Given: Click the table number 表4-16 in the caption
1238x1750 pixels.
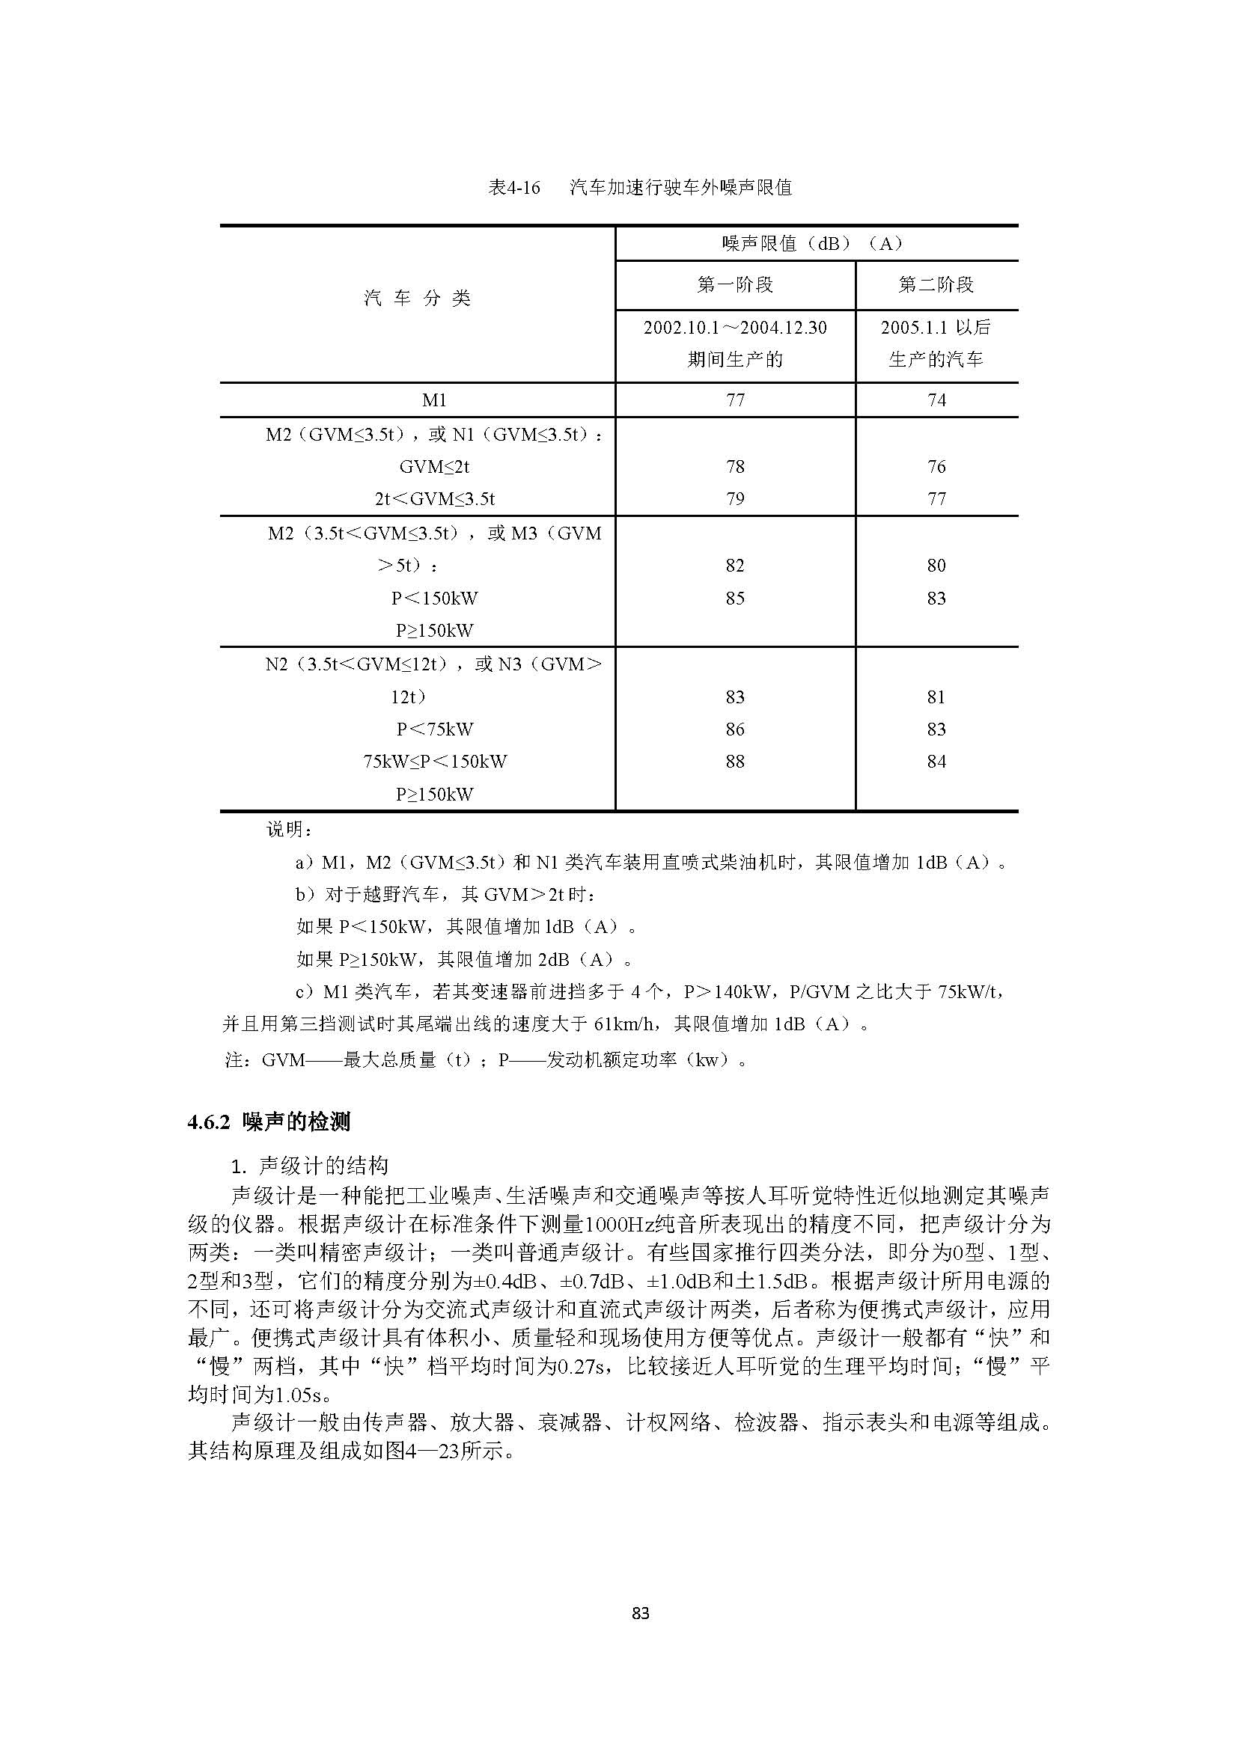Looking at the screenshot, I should click(x=513, y=188).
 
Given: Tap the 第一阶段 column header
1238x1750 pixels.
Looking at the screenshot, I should click(x=735, y=285).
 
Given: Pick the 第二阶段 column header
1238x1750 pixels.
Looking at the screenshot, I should click(x=936, y=285).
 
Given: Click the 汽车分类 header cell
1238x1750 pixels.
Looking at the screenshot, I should click(x=417, y=298).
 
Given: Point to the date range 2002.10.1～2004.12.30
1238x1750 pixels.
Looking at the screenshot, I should click(x=735, y=328).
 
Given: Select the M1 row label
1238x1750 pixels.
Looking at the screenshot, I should click(x=434, y=400).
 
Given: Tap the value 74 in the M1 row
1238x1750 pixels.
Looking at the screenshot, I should click(x=936, y=400).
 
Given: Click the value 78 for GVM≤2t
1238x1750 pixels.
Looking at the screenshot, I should click(x=735, y=466).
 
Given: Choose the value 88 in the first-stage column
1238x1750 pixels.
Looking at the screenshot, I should click(x=735, y=762).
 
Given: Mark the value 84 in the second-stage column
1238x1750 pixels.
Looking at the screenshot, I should click(x=936, y=762).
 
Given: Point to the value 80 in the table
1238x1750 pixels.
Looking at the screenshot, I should click(x=936, y=566).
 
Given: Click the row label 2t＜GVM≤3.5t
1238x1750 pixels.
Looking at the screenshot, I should click(x=435, y=499).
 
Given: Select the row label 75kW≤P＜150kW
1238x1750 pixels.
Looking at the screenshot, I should click(x=435, y=762).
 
